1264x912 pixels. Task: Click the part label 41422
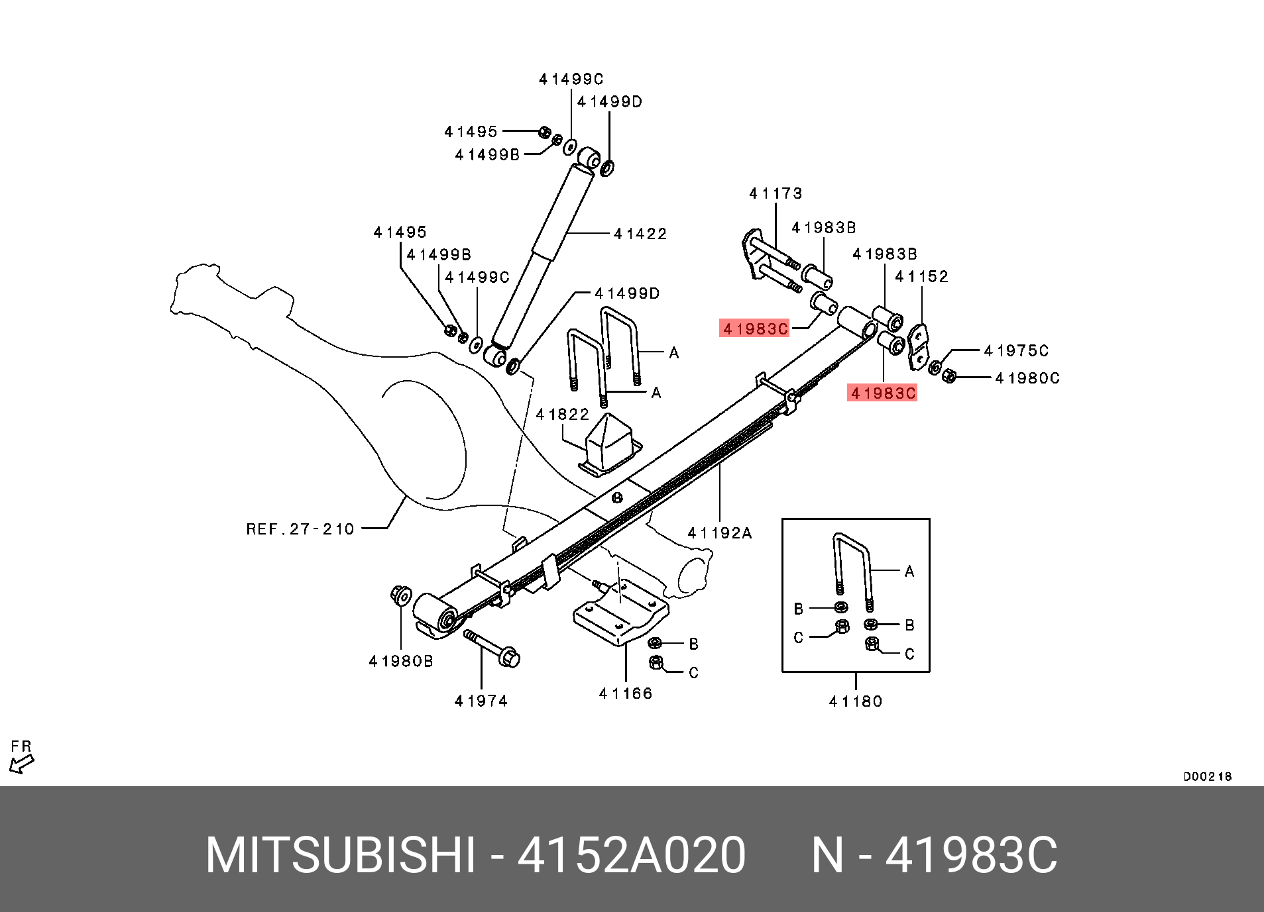coord(640,234)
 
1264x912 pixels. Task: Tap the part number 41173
coord(776,193)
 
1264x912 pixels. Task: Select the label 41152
coord(921,277)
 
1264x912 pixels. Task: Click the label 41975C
coord(1016,350)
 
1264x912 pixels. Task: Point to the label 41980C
coord(1027,378)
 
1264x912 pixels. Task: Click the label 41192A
coord(720,533)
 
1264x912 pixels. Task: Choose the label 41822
coord(562,415)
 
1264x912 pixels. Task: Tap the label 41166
coord(625,693)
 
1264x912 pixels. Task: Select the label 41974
coord(481,701)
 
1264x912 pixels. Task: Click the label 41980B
coord(401,661)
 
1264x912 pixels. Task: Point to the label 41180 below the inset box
coord(856,701)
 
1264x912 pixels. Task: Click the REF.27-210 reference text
coord(300,529)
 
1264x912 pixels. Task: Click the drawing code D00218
coord(1207,776)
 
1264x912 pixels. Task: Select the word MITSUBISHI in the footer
coord(341,855)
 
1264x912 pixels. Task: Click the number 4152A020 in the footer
coord(631,855)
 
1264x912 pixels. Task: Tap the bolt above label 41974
coord(492,646)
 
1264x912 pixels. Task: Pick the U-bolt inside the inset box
coord(852,570)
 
